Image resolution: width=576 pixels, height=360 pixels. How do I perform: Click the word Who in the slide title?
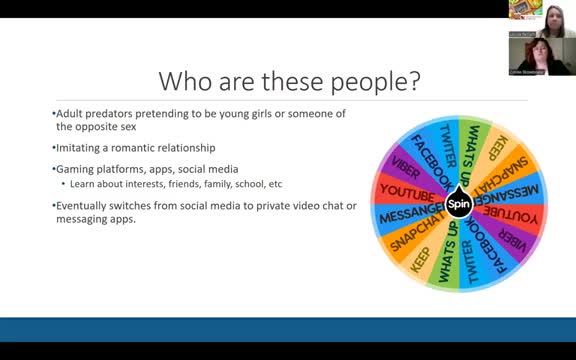click(187, 80)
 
